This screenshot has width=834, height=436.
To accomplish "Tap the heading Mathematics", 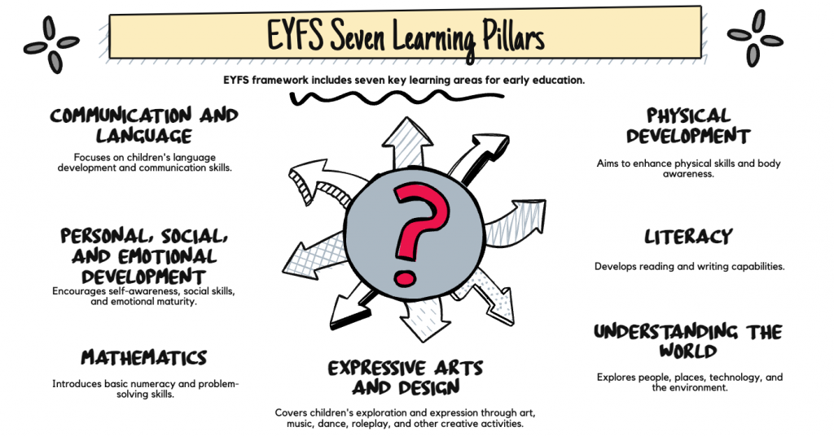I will (144, 358).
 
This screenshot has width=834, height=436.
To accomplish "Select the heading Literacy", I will (688, 237).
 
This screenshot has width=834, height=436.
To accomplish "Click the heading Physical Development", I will (688, 125).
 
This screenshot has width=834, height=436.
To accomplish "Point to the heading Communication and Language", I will (144, 124).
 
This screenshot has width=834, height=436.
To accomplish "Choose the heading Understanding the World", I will (688, 342).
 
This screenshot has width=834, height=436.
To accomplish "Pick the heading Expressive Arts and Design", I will (406, 377).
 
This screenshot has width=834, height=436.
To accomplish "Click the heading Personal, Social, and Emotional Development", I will (144, 256).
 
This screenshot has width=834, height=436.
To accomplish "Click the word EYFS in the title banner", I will (301, 36).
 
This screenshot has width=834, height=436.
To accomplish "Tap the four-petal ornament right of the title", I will (754, 38).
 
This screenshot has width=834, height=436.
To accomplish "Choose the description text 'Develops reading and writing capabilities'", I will (688, 266).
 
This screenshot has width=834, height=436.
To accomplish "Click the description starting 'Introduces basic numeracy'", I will (144, 388).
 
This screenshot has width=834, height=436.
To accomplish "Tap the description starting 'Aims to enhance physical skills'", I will (688, 168).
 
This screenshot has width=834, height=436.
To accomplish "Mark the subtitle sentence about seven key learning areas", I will (404, 80).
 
